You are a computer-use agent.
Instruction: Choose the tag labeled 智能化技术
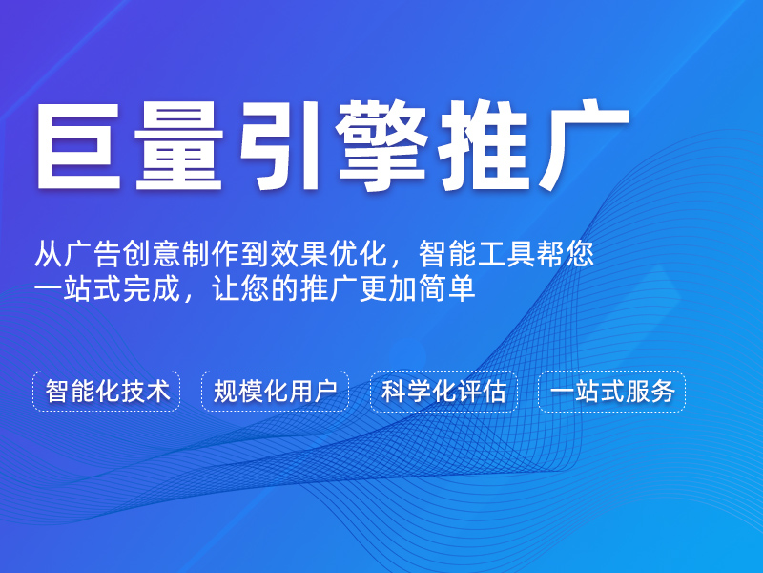[107, 392]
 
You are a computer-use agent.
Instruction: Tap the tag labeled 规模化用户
[275, 392]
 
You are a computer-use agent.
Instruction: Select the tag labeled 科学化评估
[443, 392]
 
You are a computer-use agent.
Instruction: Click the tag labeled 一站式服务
[611, 392]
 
